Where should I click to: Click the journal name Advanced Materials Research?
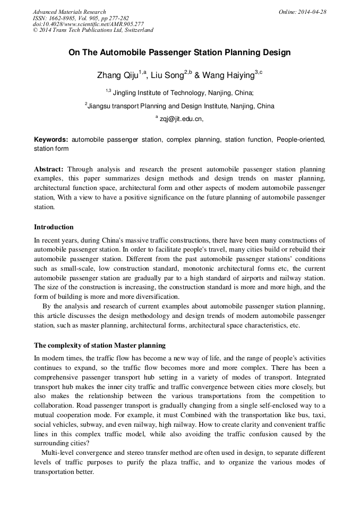coord(69,12)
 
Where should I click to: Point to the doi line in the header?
coord(88,24)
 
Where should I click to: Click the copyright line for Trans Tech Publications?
coord(93,30)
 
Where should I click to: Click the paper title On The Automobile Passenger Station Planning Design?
coord(179,53)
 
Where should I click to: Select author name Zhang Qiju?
coord(117,76)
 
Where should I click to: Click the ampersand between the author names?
coord(197,76)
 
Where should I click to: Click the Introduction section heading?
coord(54,227)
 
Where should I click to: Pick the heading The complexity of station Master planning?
coord(100,346)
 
